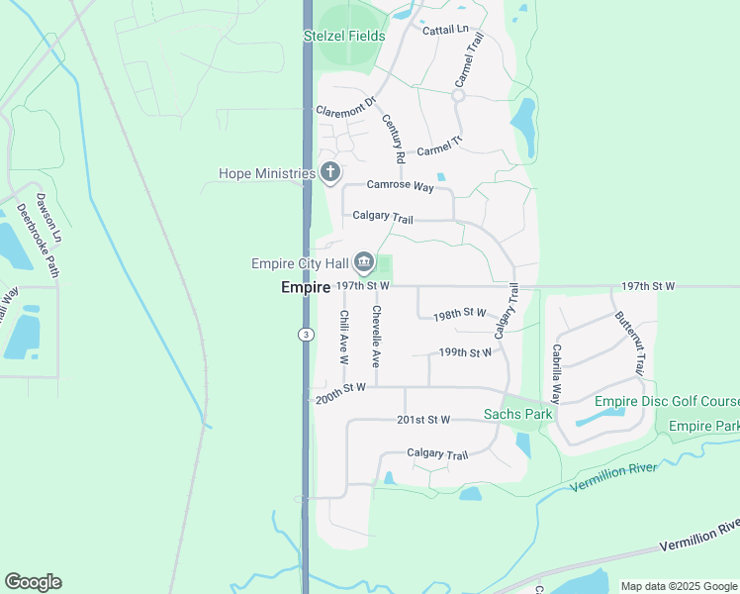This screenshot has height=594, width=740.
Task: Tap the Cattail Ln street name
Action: (444, 30)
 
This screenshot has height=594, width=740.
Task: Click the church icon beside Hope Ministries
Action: (330, 174)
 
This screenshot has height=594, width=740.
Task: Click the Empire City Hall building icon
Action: (363, 262)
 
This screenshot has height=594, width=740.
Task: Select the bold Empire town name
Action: (305, 287)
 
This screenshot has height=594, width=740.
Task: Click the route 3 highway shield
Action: (305, 336)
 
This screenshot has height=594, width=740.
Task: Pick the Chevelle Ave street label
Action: (376, 338)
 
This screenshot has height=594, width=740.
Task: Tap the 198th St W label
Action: (461, 314)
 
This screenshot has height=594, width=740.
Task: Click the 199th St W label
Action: (465, 352)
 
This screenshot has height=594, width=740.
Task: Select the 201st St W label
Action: (422, 420)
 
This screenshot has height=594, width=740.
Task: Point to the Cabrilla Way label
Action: (557, 373)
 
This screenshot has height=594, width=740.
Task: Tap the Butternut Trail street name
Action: (629, 343)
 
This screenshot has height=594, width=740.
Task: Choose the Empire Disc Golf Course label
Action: (667, 401)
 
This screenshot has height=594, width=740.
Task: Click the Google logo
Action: (33, 581)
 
